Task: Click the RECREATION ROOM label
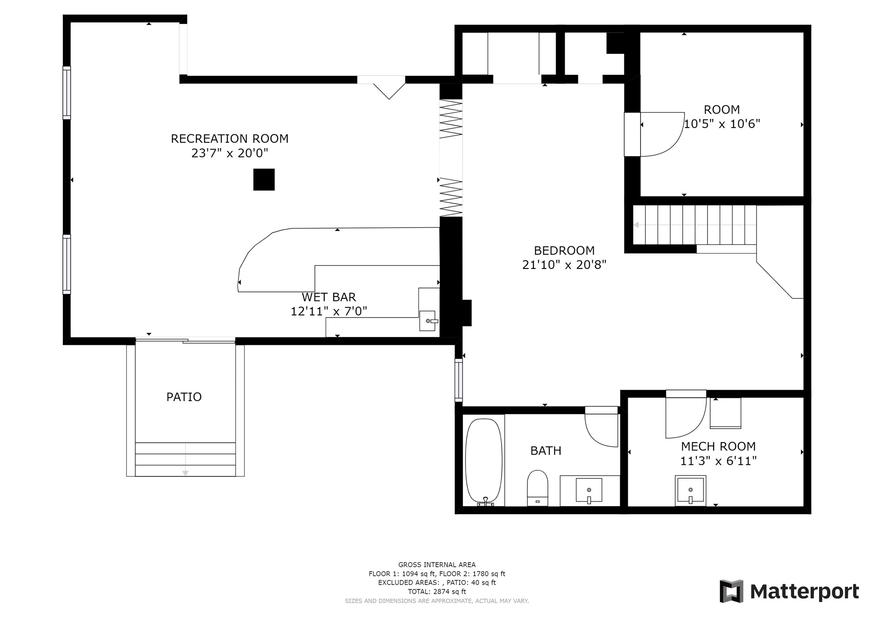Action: coord(230,139)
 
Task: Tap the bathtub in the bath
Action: coord(484,461)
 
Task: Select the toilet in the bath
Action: coord(537,488)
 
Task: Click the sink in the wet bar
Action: coord(428,321)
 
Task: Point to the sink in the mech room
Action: coord(690,490)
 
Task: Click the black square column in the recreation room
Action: coord(264,180)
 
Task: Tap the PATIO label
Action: coord(184,397)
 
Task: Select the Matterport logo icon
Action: coord(731,591)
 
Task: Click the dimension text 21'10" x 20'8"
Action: coord(564,265)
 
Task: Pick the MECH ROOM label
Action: coord(718,446)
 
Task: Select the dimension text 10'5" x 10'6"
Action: coord(722,124)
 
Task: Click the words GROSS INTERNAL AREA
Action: coord(437,565)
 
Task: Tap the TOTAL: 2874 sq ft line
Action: coord(437,592)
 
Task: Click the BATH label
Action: coord(546,451)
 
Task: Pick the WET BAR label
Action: coord(329,297)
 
